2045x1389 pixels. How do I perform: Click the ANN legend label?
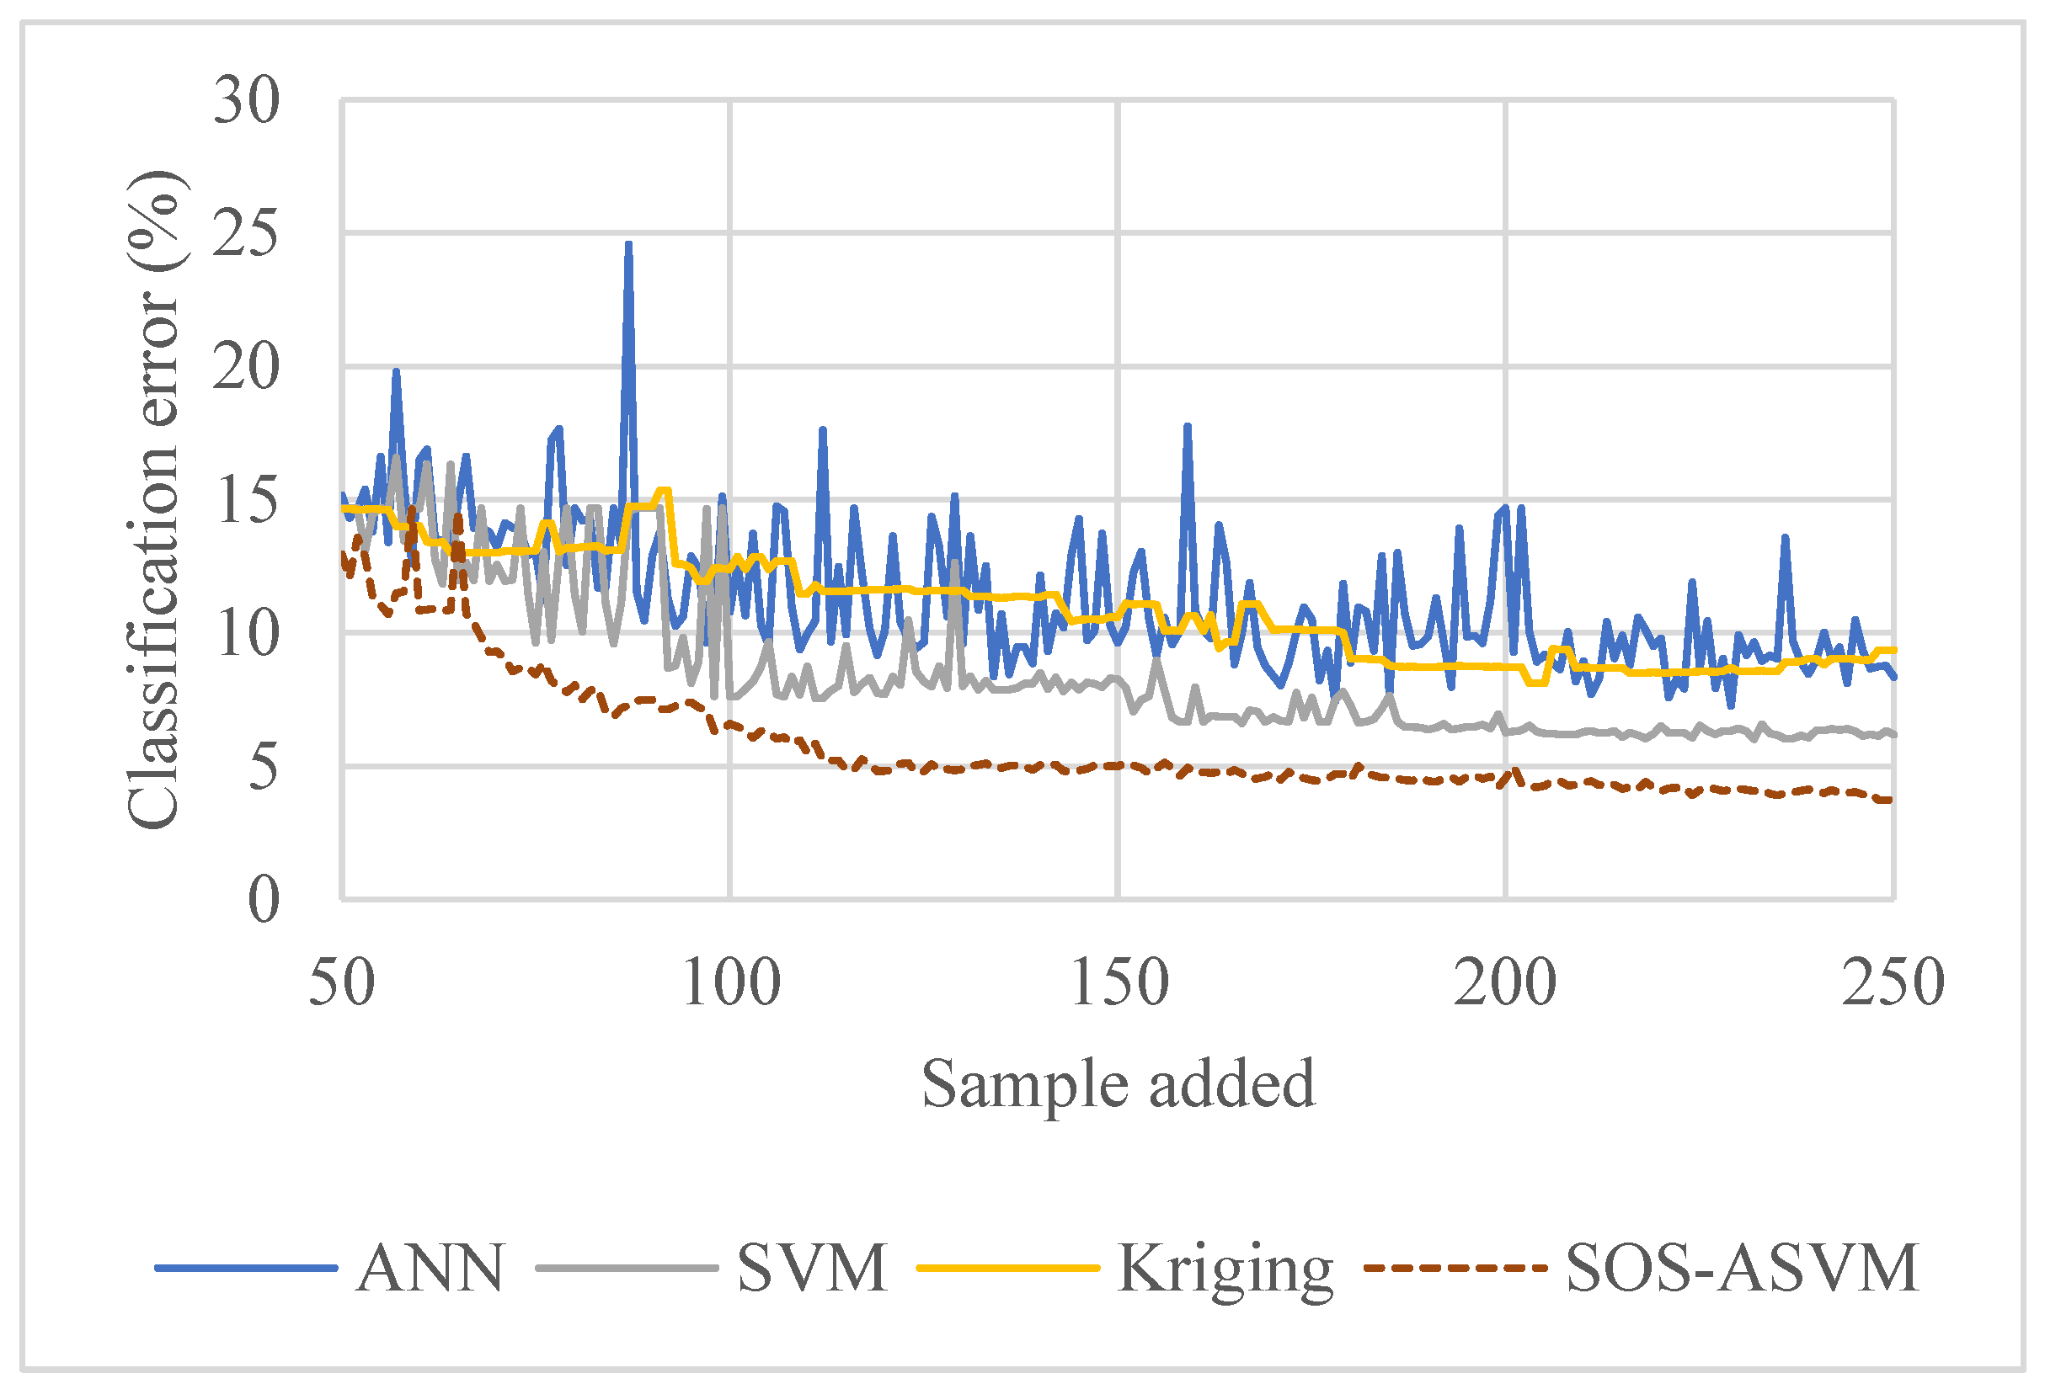(431, 1268)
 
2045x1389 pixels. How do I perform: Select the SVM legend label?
(812, 1268)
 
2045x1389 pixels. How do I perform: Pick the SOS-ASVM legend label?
(1743, 1268)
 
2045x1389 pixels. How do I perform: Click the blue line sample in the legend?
(247, 1268)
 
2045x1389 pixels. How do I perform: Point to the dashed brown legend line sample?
(1455, 1268)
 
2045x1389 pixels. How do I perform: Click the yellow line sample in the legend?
(1008, 1268)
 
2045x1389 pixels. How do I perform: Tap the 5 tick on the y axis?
(262, 767)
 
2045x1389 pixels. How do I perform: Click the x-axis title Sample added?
(1118, 1083)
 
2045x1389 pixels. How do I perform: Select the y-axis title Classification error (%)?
(154, 500)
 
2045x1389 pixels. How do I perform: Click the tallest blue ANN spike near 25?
(628, 245)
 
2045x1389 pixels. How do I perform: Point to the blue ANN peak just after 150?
(1187, 427)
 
